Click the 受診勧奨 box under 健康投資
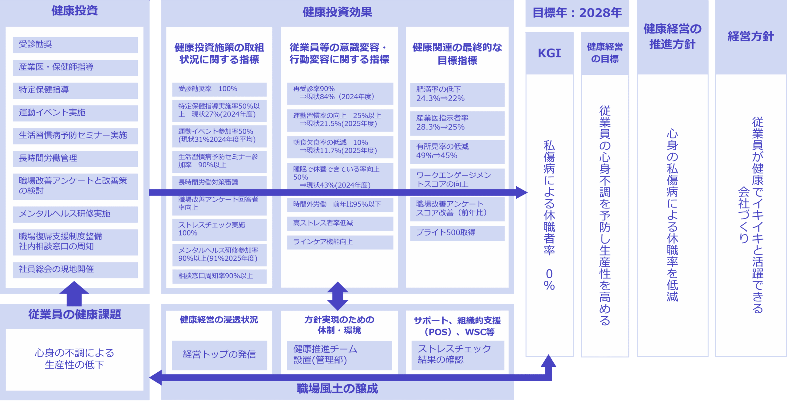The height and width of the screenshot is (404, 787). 75,45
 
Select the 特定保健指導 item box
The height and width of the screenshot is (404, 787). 75,90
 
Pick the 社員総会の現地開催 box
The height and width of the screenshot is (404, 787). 75,270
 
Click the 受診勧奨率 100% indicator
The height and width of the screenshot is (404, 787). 219,89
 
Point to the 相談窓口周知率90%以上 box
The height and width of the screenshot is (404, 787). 219,276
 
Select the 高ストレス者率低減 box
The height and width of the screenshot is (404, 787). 340,223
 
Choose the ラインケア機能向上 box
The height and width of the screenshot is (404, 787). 340,242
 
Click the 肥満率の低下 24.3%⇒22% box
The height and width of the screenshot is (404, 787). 457,94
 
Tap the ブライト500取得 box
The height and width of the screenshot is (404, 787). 457,233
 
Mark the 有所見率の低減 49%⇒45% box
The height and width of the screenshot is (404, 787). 457,152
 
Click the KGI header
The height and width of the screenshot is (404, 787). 549,53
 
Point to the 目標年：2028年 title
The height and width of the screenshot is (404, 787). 577,13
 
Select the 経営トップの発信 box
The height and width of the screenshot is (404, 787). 219,355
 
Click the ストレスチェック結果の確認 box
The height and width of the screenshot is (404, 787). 457,355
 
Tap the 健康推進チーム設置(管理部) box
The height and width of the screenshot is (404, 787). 339,355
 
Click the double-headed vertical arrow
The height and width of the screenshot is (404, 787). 338,296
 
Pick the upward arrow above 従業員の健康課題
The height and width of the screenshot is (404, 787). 74,293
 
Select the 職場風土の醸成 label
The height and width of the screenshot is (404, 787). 337,389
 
